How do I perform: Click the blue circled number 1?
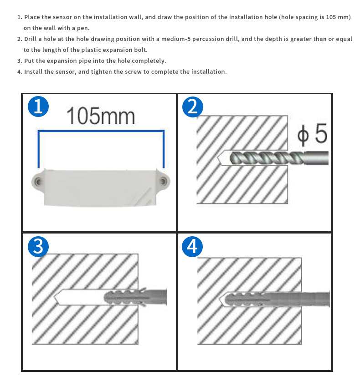pos(38,107)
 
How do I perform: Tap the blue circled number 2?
pos(193,107)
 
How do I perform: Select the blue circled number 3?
pos(38,246)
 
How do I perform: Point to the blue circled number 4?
pos(192,246)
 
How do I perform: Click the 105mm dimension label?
pos(100,116)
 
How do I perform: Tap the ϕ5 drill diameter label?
pos(312,134)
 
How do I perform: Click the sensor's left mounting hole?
pos(38,182)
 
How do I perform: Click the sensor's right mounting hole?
pos(163,181)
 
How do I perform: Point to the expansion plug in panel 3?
pos(135,297)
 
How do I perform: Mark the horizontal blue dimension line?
pos(101,131)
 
